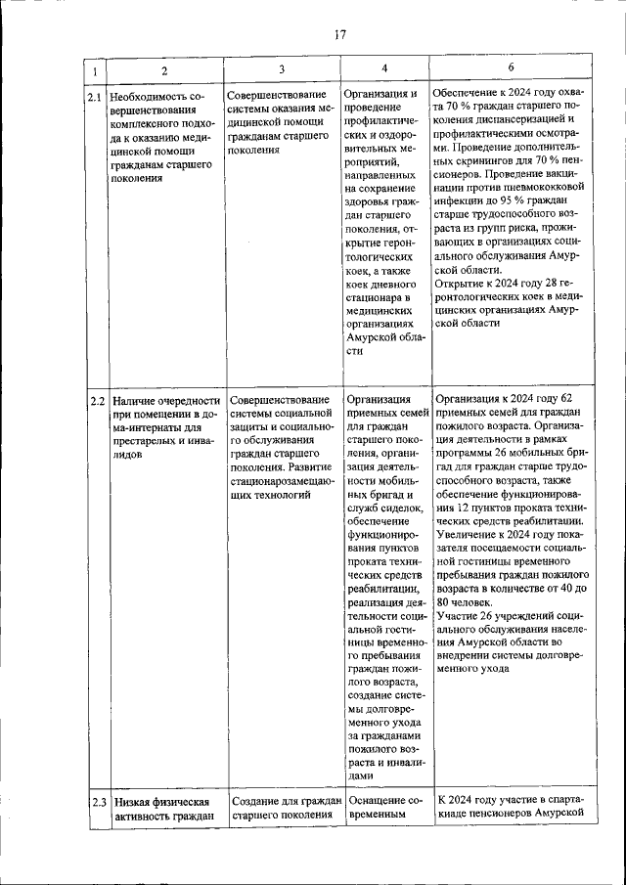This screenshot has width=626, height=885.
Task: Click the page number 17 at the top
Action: tap(340, 35)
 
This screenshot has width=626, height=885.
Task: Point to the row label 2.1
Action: tap(93, 97)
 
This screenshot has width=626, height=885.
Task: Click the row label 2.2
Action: tap(96, 400)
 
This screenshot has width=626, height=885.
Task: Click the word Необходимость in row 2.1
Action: tap(152, 97)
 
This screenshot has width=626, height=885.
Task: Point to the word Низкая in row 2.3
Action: tap(131, 802)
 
